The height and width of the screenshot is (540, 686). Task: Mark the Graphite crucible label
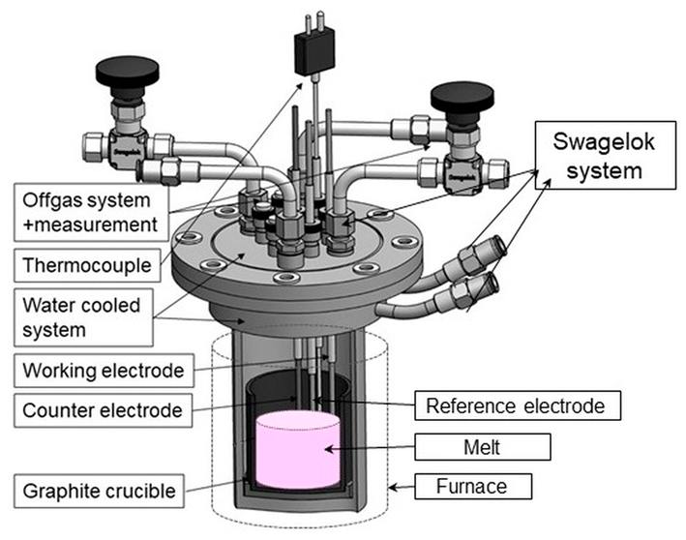[94, 491]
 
